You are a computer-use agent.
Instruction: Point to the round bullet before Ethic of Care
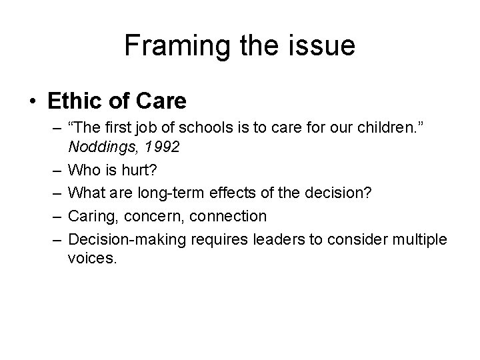point(33,103)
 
